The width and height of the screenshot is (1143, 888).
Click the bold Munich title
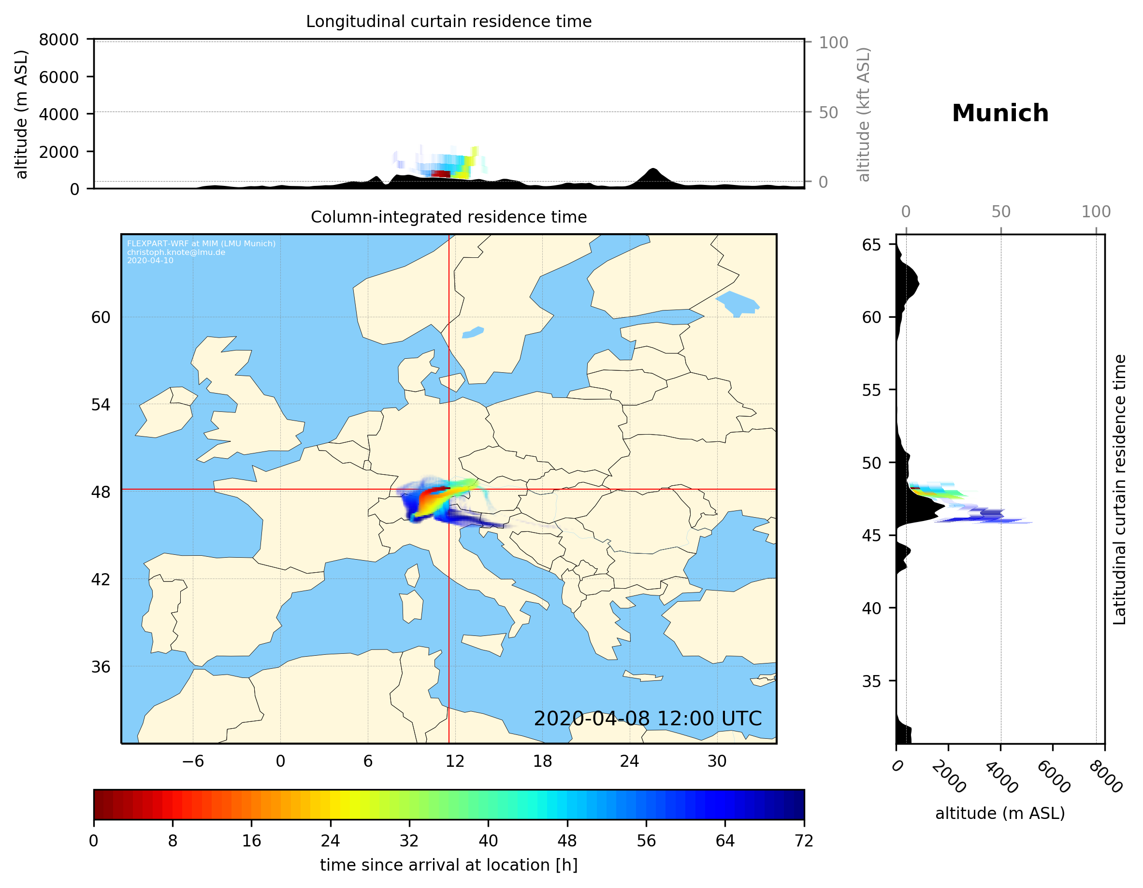(999, 113)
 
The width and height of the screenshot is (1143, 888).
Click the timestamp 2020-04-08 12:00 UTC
(648, 719)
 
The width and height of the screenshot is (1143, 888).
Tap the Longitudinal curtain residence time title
(449, 21)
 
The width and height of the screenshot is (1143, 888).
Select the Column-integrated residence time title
(449, 217)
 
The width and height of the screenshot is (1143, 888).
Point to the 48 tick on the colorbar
(567, 841)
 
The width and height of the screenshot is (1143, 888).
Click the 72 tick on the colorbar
(803, 841)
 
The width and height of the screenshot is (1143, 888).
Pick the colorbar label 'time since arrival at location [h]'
(449, 865)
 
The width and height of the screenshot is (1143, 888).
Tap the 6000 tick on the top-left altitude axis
(58, 77)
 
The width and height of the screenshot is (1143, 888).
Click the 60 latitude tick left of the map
(101, 317)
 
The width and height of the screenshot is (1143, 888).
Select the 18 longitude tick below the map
(542, 761)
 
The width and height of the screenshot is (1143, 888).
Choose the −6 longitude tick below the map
(192, 761)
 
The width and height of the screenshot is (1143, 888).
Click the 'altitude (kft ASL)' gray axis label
(864, 114)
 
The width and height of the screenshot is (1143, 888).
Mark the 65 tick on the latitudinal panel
(871, 245)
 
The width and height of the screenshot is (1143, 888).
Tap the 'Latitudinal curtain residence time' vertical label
(1119, 490)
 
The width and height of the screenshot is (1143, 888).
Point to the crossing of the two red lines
(449, 490)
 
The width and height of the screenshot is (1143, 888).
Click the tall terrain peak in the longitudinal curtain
(652, 171)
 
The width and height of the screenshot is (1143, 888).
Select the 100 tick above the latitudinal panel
(1096, 212)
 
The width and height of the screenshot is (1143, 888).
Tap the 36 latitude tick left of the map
(101, 667)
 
